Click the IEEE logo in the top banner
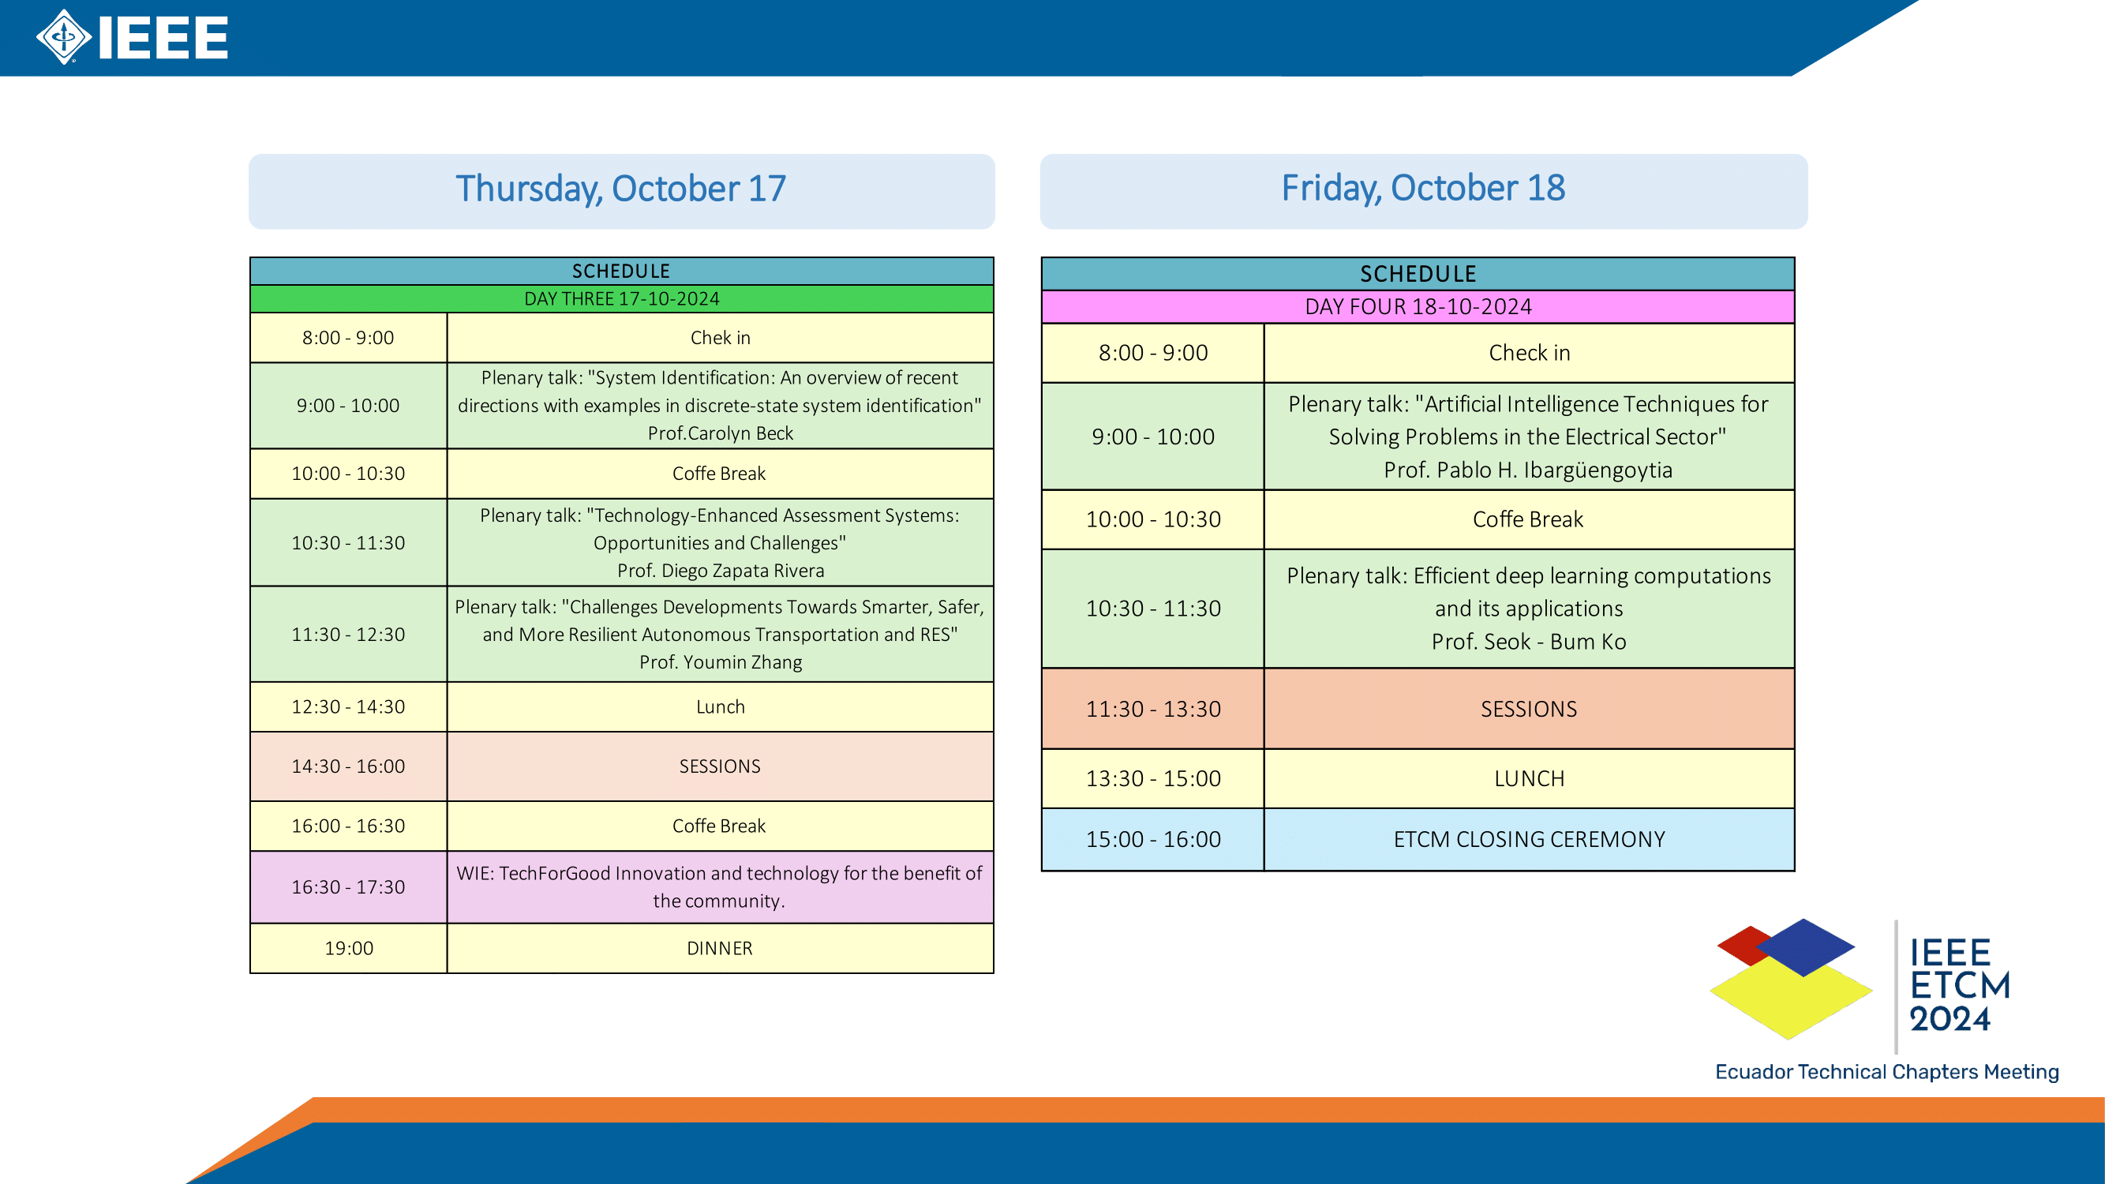tap(132, 37)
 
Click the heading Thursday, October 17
tap(621, 189)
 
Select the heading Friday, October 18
tap(1424, 188)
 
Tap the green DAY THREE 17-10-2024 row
tap(622, 299)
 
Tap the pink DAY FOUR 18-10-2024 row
tap(1418, 306)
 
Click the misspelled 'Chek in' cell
tap(720, 338)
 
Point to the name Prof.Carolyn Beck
tap(720, 433)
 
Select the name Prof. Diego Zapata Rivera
tap(720, 571)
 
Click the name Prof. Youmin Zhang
tap(720, 662)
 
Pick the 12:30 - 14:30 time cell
tap(348, 706)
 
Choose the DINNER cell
tap(720, 948)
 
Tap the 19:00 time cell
tap(348, 948)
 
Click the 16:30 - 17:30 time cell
tap(348, 887)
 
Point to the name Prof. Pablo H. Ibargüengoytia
tap(1528, 470)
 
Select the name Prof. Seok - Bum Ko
tap(1528, 642)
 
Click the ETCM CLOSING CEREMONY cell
tap(1529, 839)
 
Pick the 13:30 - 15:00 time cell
tap(1153, 779)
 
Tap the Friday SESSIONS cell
tap(1529, 709)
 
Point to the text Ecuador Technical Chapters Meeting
tap(1887, 1071)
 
